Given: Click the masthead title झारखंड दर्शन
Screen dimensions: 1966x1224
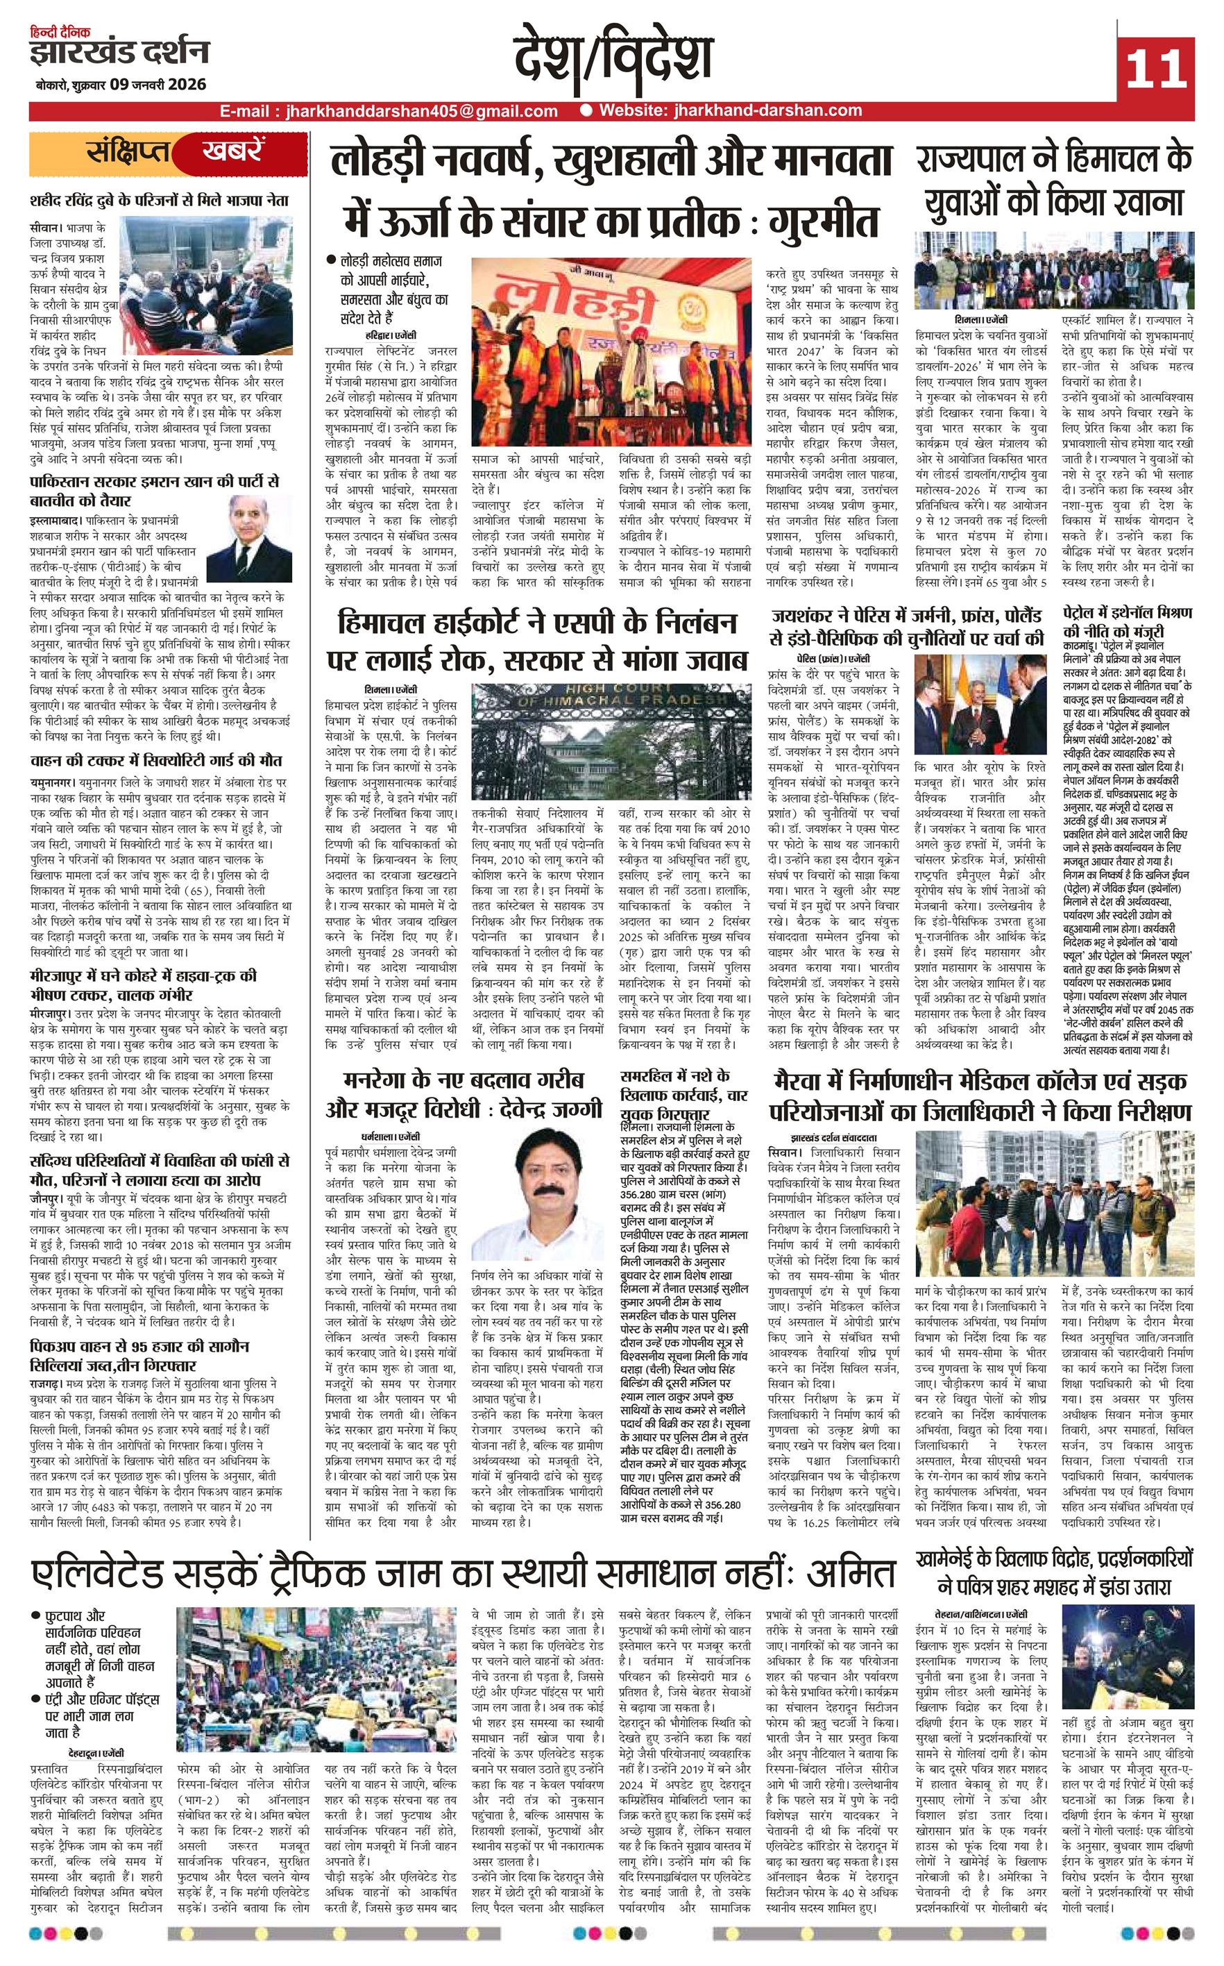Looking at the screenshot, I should [119, 53].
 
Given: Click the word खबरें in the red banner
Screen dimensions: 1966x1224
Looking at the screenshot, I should [233, 152].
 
